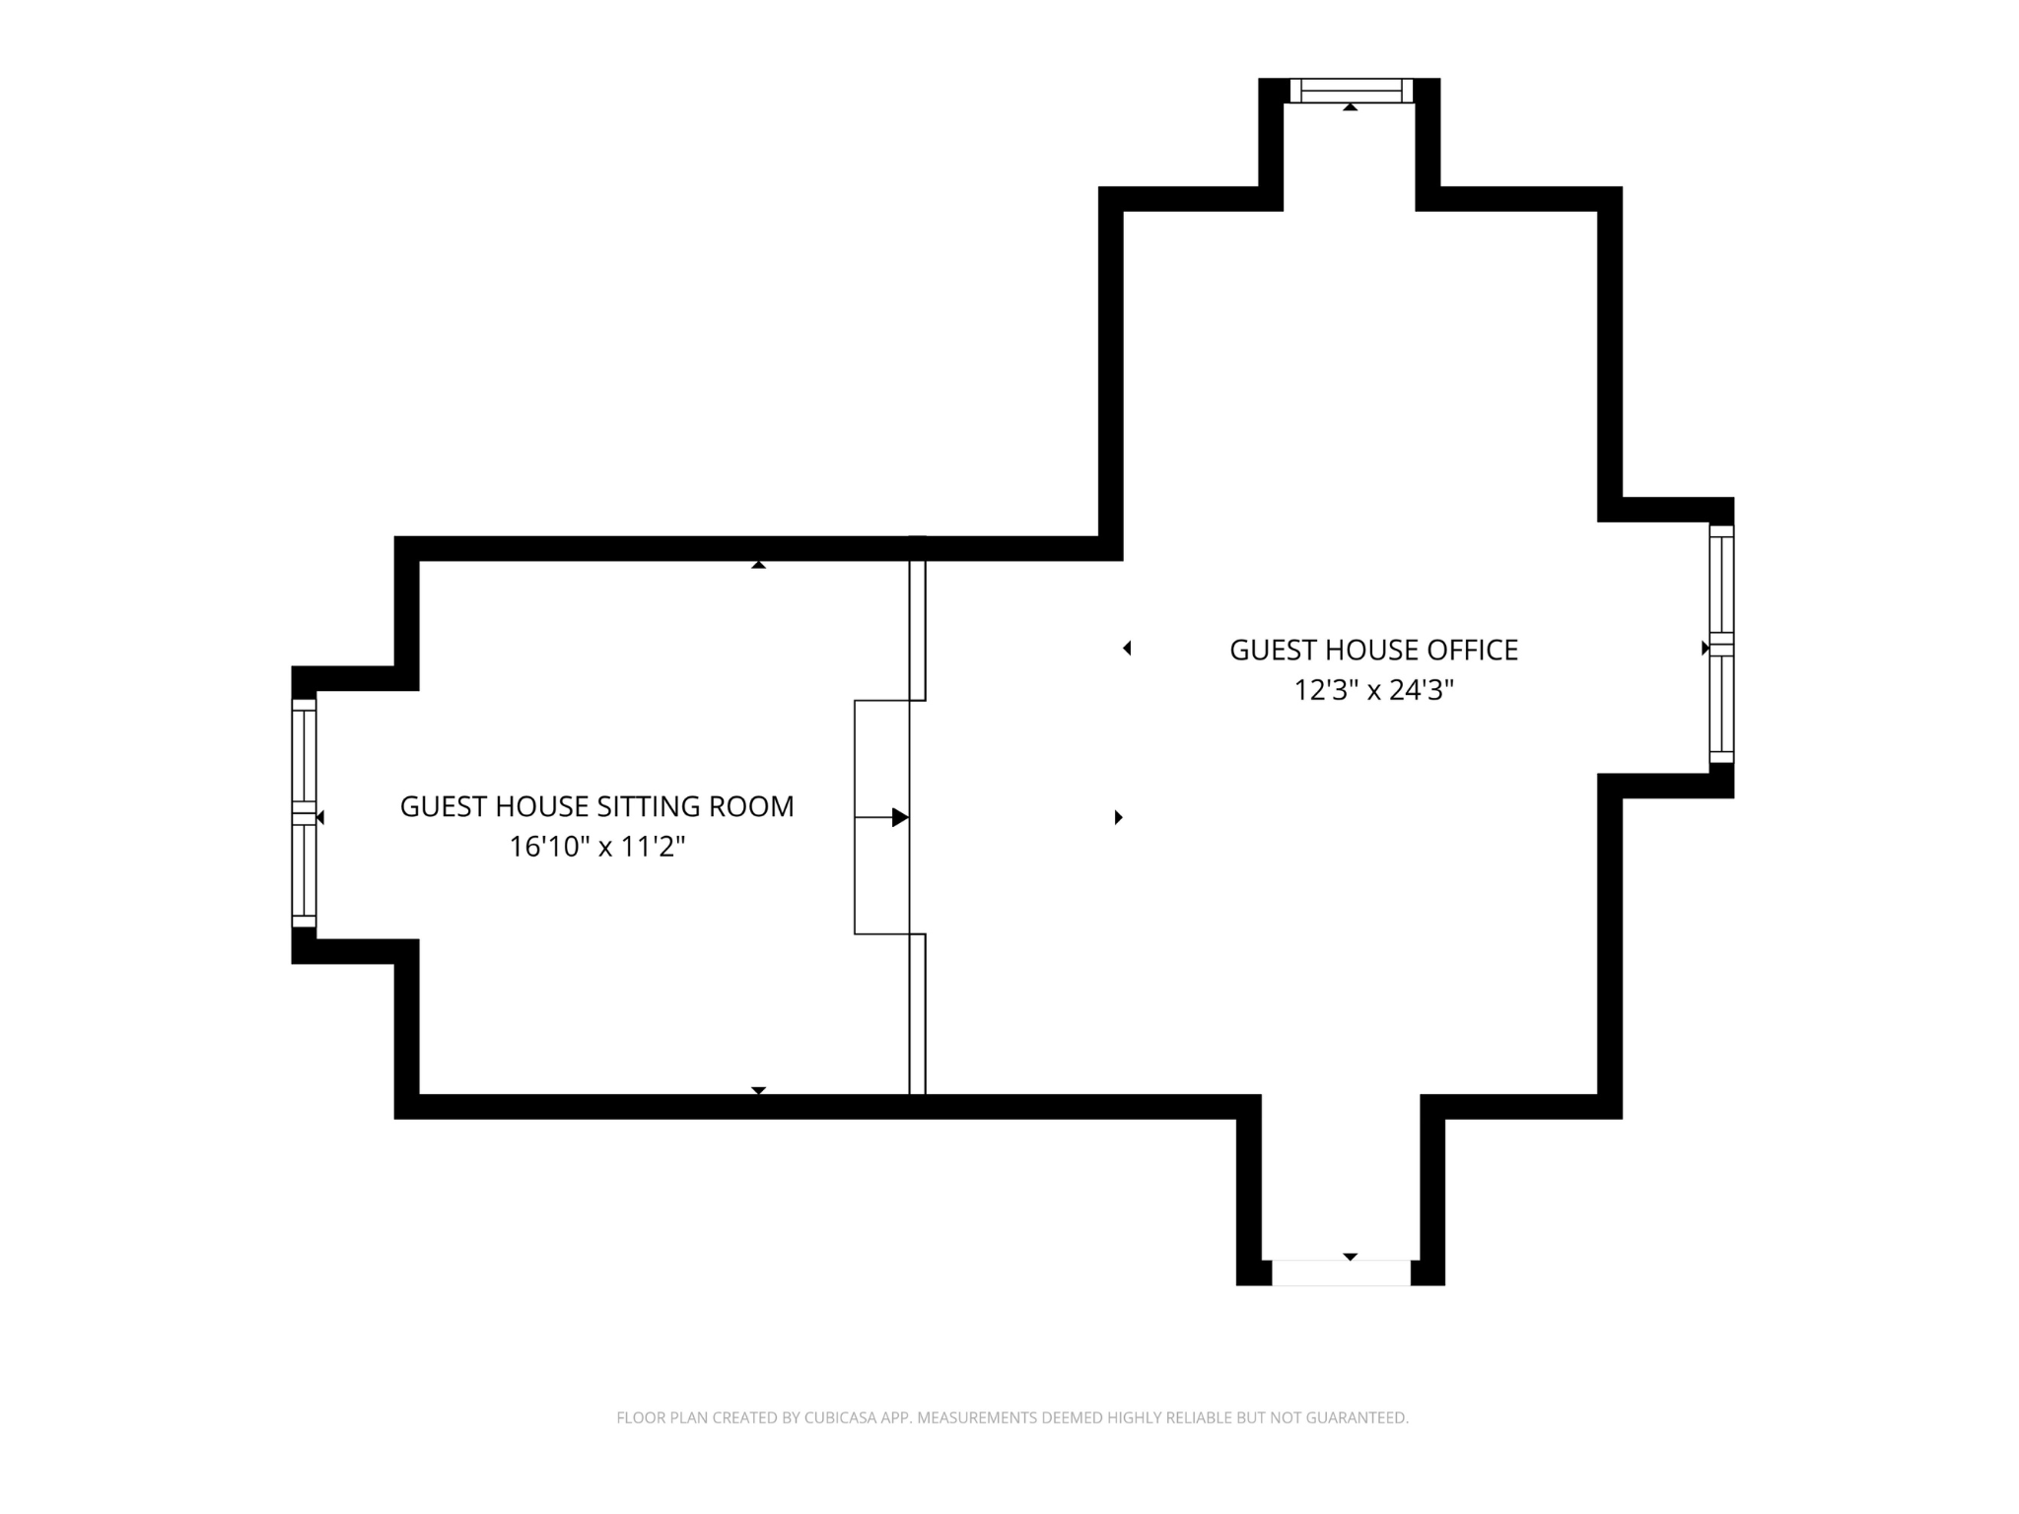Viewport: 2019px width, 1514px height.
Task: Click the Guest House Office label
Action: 1373,651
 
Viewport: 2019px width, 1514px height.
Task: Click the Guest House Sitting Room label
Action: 596,807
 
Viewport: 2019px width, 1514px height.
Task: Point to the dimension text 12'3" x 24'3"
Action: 1373,691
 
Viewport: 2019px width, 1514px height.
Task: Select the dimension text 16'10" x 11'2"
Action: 596,847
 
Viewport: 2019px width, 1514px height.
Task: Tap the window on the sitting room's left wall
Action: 304,813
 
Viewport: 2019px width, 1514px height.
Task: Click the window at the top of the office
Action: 1351,91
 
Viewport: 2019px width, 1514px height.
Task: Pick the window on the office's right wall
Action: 1720,644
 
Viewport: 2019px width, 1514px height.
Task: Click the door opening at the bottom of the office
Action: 1341,1273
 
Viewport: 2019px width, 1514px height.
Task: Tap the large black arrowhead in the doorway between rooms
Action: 900,817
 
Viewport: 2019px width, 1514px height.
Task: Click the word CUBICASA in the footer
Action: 842,1418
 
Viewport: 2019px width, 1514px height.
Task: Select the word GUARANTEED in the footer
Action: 1357,1418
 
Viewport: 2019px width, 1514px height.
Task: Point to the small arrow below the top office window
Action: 1351,106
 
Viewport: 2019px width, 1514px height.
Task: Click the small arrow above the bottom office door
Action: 1351,1257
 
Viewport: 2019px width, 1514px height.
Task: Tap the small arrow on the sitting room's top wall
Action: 758,565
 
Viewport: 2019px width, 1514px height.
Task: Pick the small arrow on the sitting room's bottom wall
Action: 758,1090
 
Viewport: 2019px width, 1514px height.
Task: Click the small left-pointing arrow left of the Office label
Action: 1127,648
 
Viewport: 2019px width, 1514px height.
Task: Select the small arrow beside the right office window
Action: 1705,648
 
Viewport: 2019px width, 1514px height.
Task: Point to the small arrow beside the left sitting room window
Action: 319,817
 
